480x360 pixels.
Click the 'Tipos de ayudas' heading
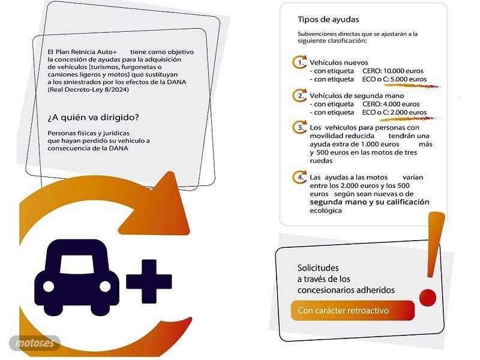pos(328,20)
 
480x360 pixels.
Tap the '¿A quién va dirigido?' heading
pos(93,118)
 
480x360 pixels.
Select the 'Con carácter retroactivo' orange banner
pos(353,310)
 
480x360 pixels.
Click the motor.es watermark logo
pos(35,343)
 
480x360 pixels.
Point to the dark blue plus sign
pos(149,281)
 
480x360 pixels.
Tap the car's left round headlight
pos(49,287)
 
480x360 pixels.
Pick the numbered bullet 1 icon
pos(299,62)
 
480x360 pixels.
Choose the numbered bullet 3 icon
pos(299,127)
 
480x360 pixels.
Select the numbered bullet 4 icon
pos(299,177)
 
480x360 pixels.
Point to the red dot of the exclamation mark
pos(428,297)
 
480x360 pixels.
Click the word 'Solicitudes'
pos(318,268)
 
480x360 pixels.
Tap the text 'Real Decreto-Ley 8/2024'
pos(88,89)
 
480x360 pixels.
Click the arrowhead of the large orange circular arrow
pos(159,206)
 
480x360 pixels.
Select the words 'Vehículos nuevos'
pos(338,62)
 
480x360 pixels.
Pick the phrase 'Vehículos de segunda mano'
pos(356,96)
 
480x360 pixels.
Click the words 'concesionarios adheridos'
pos(346,290)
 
